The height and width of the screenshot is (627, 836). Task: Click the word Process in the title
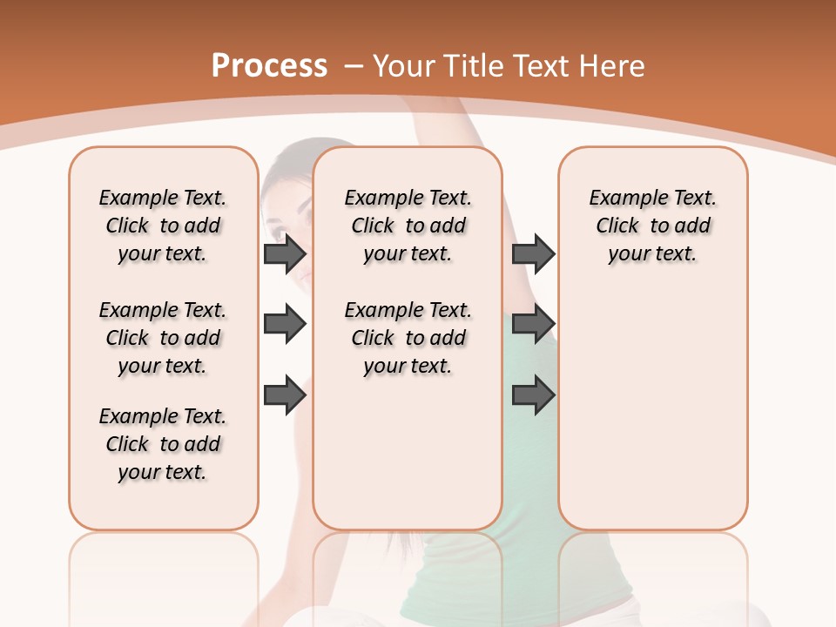(x=269, y=66)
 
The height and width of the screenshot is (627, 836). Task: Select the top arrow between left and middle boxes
(x=284, y=253)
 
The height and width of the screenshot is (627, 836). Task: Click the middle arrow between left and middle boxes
(x=284, y=324)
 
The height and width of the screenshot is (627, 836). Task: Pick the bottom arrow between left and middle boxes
(x=284, y=394)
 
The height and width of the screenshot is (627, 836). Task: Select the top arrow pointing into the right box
(x=533, y=253)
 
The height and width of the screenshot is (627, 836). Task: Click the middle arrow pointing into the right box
(x=533, y=324)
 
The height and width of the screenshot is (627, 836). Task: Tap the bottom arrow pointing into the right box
(x=533, y=394)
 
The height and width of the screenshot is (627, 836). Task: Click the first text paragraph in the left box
(x=163, y=226)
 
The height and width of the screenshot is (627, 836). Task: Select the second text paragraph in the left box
(x=163, y=338)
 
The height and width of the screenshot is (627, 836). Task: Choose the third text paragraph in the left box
(x=163, y=444)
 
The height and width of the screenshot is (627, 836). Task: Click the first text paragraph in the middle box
(x=408, y=226)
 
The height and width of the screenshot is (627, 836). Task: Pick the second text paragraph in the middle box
(x=408, y=338)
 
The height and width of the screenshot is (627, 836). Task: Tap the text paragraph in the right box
(x=652, y=226)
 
